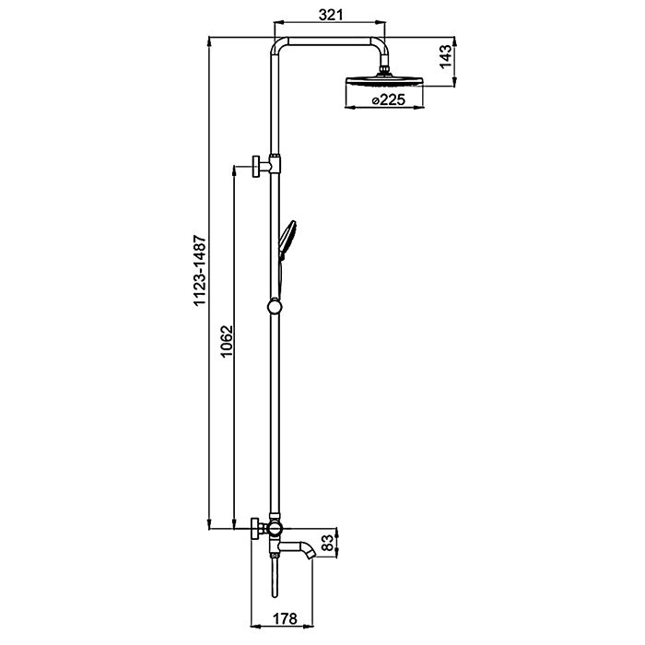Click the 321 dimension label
tap(331, 15)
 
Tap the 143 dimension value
tap(445, 57)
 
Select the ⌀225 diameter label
tap(388, 100)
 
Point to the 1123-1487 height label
tap(200, 270)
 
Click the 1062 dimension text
tap(227, 342)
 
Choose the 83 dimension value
tap(328, 544)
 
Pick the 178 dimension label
tap(284, 618)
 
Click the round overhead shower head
tap(384, 81)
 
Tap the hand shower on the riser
tap(287, 240)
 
